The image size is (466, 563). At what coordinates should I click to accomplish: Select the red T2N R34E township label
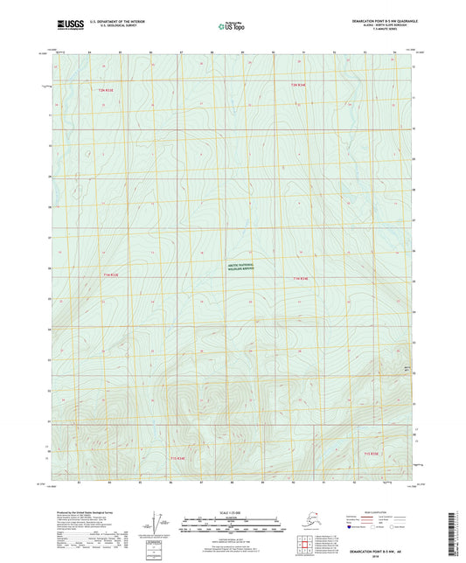(299, 85)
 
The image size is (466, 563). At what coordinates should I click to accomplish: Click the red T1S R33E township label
(177, 457)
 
